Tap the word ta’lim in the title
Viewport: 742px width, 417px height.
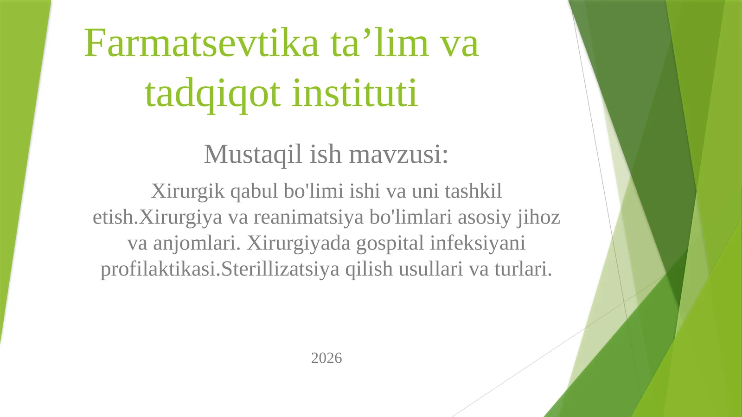(x=379, y=43)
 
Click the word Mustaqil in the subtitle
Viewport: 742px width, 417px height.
(x=253, y=154)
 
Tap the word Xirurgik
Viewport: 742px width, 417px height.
(x=188, y=191)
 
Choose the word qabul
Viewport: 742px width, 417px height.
(x=254, y=191)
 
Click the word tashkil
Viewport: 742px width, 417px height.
(x=473, y=191)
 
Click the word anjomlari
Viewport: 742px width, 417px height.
(x=197, y=243)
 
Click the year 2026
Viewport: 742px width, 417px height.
(x=326, y=358)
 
